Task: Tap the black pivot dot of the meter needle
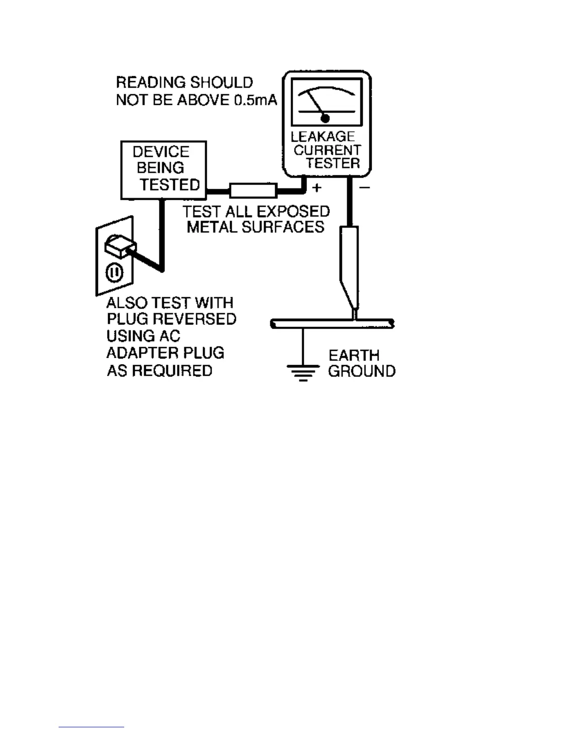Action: (x=325, y=119)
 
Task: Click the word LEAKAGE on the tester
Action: (x=323, y=137)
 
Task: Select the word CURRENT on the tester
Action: (x=327, y=150)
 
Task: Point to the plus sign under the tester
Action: (x=317, y=187)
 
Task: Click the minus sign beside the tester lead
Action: (x=365, y=187)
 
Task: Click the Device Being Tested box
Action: (x=163, y=169)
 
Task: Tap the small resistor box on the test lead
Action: (x=253, y=190)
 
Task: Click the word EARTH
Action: (x=354, y=355)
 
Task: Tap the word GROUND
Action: (x=362, y=371)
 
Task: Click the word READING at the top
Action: (x=150, y=83)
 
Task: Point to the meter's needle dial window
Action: (x=326, y=102)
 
